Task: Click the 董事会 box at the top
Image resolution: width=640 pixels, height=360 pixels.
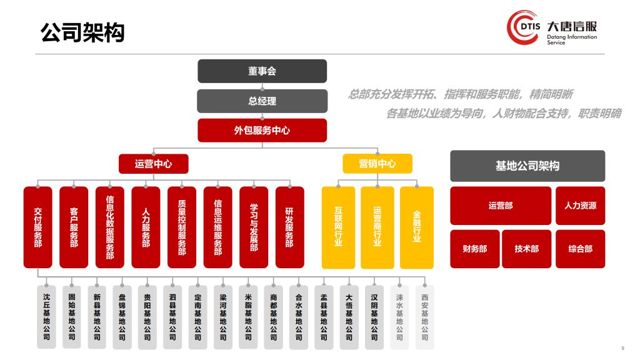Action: [262, 71]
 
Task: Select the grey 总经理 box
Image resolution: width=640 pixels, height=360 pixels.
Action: [262, 101]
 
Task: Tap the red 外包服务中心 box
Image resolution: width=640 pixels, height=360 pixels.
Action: [262, 130]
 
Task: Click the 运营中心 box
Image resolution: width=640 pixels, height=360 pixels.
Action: [153, 164]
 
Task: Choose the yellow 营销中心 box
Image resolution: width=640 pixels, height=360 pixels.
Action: [377, 164]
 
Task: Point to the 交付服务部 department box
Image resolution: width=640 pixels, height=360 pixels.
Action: [38, 227]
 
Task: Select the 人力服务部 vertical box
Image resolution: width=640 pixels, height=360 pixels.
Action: [146, 227]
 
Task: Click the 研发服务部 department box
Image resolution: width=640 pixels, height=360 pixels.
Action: [289, 227]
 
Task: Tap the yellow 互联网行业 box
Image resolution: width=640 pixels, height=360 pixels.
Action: [338, 227]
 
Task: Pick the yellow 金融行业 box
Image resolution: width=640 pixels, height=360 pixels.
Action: [417, 227]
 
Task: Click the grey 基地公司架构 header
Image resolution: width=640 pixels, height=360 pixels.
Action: [527, 166]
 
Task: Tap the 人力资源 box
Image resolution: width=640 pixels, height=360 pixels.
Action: [580, 205]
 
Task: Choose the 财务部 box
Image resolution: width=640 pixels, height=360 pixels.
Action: [474, 249]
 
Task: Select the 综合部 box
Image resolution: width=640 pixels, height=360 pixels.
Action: [580, 249]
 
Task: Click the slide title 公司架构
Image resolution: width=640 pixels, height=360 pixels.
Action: [82, 32]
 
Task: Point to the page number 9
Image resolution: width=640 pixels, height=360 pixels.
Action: [622, 348]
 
